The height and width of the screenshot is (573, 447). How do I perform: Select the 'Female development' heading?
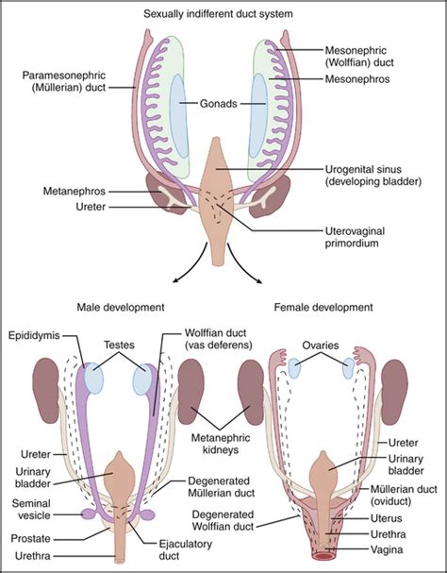[323, 307]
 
